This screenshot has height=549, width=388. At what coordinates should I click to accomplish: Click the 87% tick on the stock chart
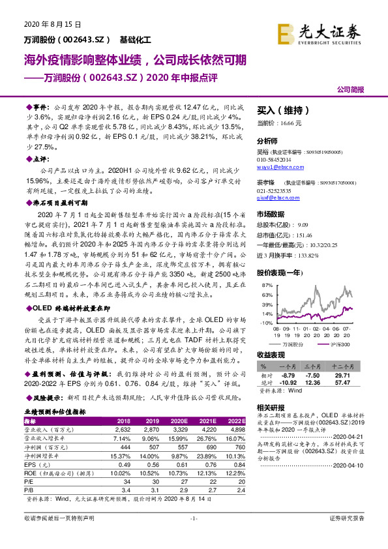point(265,286)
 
